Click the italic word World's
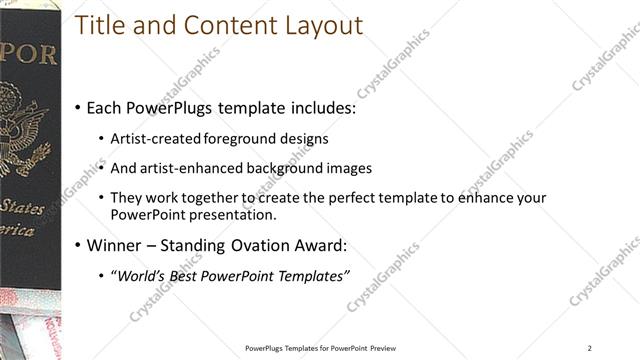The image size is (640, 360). [140, 275]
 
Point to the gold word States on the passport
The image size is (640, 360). [22, 207]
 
